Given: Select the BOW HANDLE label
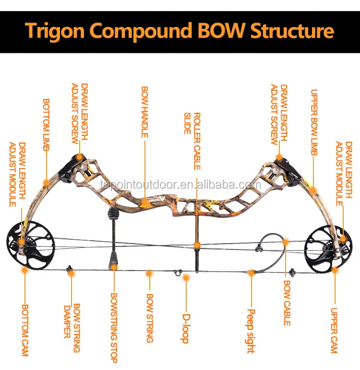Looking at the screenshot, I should point(144,112).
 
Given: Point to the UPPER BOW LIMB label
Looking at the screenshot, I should point(314,123).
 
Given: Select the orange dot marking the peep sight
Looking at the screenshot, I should point(251,273).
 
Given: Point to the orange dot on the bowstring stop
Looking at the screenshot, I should point(114,265).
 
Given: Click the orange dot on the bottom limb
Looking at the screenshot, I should point(46,182).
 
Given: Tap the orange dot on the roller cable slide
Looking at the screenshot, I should point(196,246).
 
